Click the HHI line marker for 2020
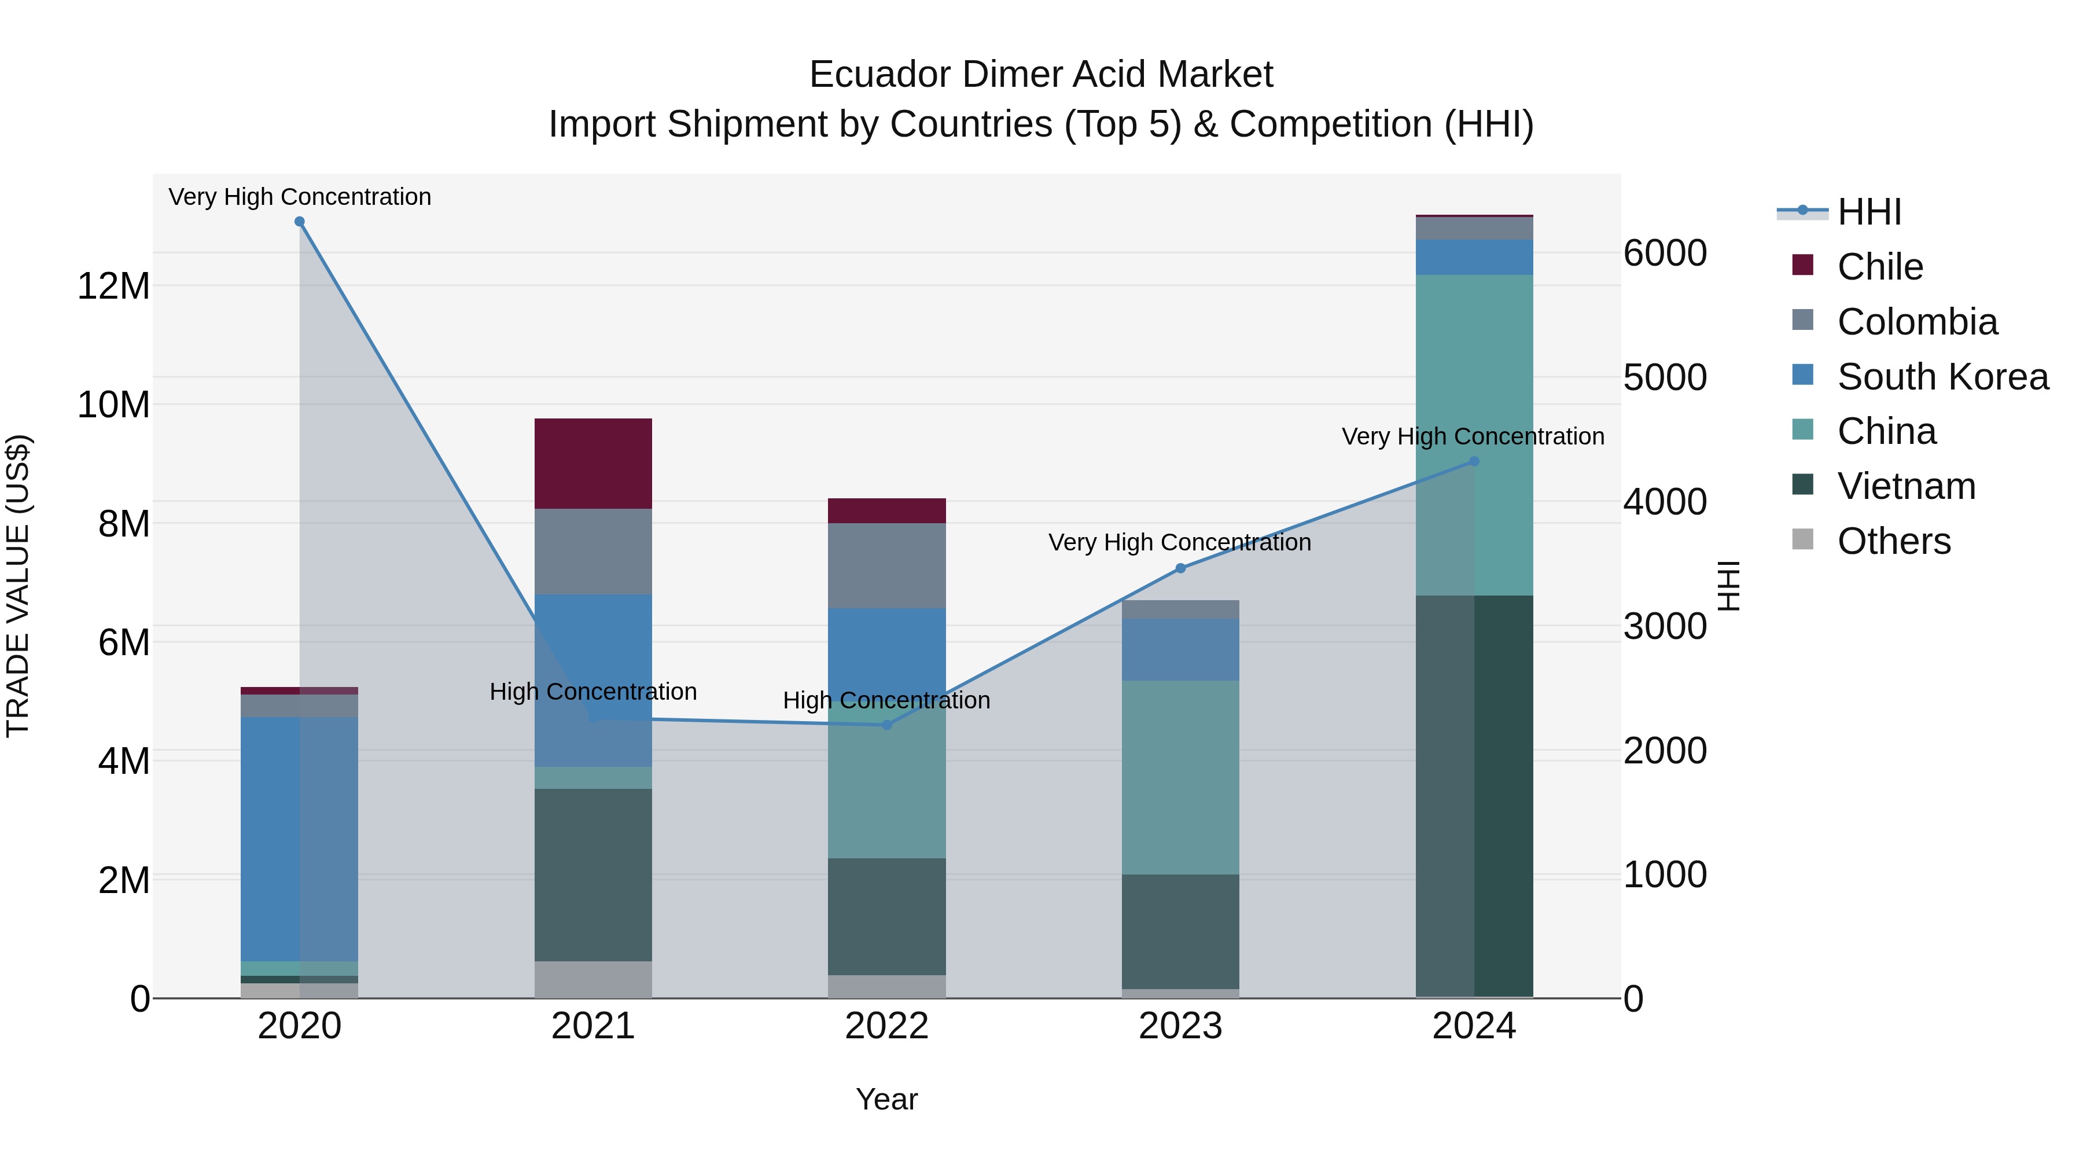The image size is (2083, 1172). coord(299,222)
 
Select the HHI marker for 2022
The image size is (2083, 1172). coord(886,725)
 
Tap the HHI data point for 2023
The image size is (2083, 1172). coord(1180,568)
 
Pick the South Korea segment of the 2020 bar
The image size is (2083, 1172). coord(299,839)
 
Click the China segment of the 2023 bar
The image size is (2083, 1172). coord(1180,777)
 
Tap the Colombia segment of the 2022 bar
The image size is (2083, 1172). coord(886,565)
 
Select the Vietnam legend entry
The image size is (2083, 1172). coord(1905,487)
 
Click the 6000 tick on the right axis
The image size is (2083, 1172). coord(1664,253)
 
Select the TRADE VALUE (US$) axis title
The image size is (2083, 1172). coord(18,586)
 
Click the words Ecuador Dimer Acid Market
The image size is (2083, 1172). coord(1041,75)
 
